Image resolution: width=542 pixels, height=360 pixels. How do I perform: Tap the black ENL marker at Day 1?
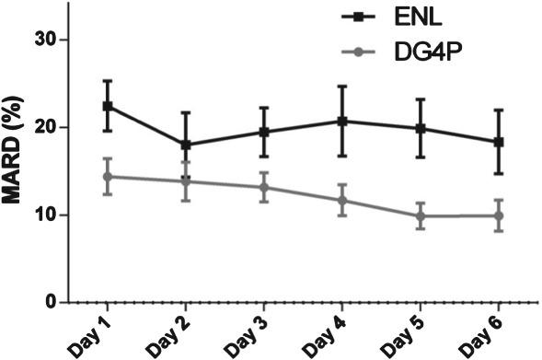coord(107,106)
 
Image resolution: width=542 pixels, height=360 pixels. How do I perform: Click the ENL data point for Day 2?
coord(186,145)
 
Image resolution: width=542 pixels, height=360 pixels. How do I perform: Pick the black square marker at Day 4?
coord(342,121)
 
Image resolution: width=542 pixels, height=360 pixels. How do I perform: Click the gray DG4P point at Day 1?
coord(107,176)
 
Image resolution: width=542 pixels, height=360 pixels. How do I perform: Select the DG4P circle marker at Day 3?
coord(264,187)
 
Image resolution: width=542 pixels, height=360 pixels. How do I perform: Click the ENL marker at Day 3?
coord(264,132)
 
